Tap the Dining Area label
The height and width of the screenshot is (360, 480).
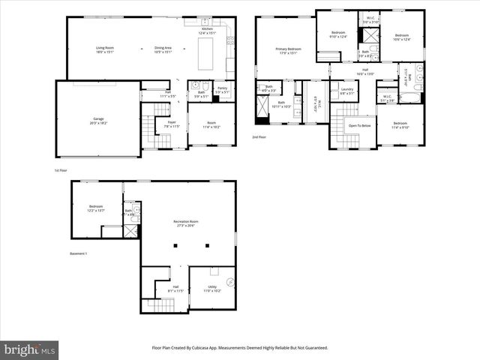click(x=163, y=49)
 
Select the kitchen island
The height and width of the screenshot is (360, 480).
click(x=205, y=55)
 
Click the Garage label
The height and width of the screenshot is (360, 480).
click(x=97, y=120)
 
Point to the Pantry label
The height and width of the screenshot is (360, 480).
click(x=222, y=90)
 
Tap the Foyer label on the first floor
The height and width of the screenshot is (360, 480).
click(x=172, y=124)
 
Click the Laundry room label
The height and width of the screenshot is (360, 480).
click(x=346, y=91)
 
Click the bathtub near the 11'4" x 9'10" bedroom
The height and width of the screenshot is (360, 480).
click(x=411, y=97)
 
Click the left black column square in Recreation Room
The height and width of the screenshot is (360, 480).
click(x=175, y=246)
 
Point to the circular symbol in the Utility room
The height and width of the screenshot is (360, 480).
click(x=231, y=283)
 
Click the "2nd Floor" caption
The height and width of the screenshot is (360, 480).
click(x=259, y=137)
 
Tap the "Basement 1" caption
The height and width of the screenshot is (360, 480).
click(x=78, y=253)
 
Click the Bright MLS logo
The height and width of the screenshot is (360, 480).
click(x=29, y=349)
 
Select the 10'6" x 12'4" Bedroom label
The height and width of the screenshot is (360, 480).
click(x=402, y=37)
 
